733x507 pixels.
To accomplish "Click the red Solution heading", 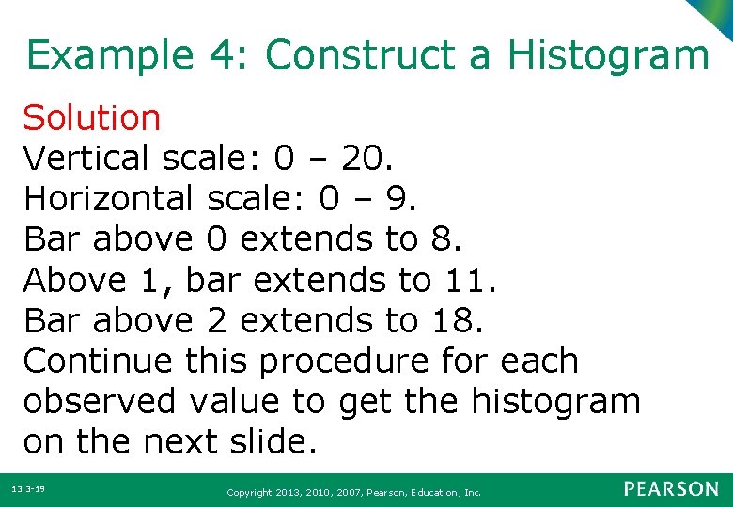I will click(x=92, y=118).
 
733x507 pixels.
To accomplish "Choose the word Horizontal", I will click(x=105, y=199).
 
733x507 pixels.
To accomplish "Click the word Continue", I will click(x=98, y=361).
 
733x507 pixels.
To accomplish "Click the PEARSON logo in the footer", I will click(x=670, y=489).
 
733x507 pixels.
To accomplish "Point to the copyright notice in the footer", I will click(x=353, y=492).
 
